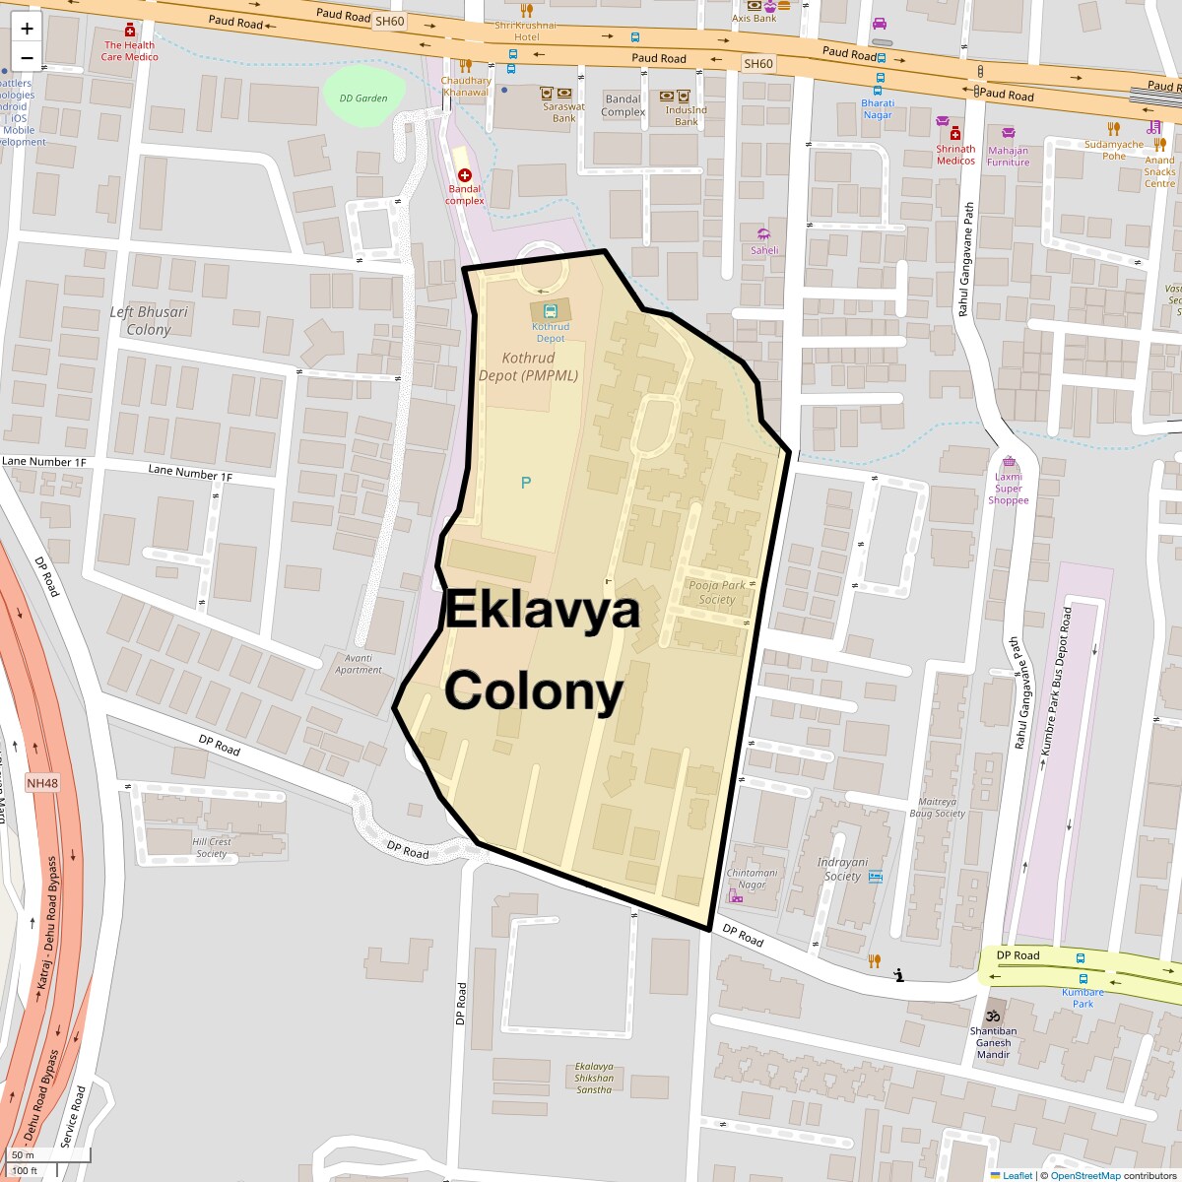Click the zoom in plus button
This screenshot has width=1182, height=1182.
(27, 29)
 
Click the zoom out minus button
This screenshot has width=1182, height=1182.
(27, 57)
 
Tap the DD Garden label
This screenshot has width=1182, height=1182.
(363, 98)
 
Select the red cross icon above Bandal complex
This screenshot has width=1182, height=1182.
(465, 174)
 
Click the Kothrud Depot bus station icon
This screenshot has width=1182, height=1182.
(550, 309)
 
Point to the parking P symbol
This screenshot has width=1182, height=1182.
(525, 483)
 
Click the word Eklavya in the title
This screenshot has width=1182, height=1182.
(543, 610)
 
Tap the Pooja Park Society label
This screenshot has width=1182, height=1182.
(717, 592)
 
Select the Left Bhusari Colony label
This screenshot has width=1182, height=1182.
(149, 321)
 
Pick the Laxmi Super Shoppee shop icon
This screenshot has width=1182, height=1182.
(1008, 462)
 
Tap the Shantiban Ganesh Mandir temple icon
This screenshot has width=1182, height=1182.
(993, 1016)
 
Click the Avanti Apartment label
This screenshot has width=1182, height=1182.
(358, 664)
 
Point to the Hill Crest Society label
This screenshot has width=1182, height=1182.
(212, 847)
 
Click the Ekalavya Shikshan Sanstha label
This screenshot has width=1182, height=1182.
(594, 1078)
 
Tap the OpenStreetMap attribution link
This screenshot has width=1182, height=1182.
(1084, 1175)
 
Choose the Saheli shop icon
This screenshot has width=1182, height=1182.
(763, 234)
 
